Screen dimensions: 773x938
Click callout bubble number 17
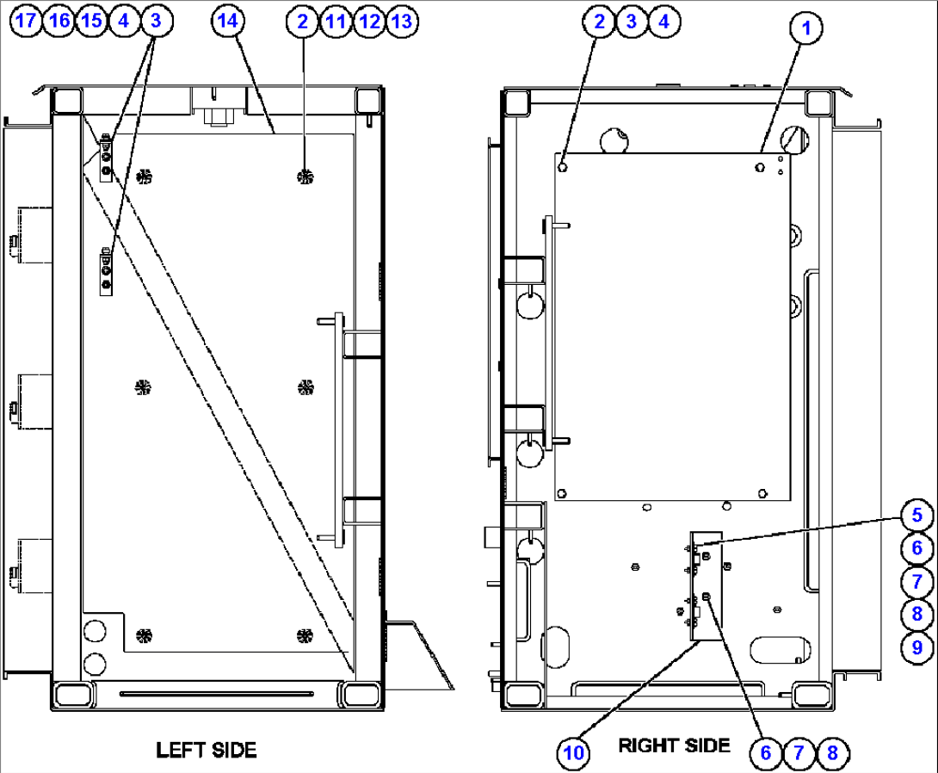(27, 22)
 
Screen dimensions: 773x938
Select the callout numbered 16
(59, 22)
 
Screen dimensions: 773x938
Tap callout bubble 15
(91, 22)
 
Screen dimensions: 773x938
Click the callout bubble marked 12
(367, 22)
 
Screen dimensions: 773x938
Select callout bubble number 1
(806, 28)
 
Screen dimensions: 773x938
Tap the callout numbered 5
(917, 516)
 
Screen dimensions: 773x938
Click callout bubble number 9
(917, 646)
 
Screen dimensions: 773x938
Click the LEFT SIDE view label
(206, 750)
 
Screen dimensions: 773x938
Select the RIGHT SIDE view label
(674, 745)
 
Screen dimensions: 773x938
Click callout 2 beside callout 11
(302, 22)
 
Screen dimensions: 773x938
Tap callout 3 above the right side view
(631, 22)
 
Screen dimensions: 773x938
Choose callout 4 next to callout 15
(123, 22)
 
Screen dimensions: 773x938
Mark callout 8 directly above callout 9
(917, 614)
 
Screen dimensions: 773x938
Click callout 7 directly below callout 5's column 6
(917, 581)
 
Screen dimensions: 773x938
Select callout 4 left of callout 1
(663, 22)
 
